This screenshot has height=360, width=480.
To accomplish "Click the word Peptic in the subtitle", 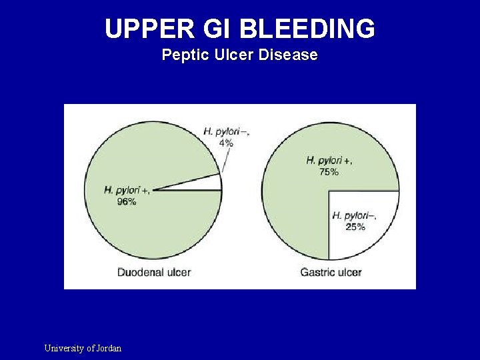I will point(183,55).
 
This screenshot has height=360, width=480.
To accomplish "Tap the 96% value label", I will point(127,201).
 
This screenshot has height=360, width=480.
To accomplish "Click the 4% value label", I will point(227,143).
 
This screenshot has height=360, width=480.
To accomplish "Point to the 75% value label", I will point(329,172).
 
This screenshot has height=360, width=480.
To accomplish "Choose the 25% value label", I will point(355,227).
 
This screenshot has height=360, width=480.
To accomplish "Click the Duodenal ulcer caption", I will point(154,272).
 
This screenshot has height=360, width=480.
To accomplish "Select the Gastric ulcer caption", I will point(331,272).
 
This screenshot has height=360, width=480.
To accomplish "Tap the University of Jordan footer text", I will point(83,348).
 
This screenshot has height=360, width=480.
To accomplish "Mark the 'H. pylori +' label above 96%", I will point(127,190).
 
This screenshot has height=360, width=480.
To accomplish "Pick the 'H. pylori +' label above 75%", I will point(329,161).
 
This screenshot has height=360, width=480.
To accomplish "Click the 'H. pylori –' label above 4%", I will point(227,131).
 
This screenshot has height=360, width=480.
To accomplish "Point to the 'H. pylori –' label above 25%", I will point(354,215).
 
